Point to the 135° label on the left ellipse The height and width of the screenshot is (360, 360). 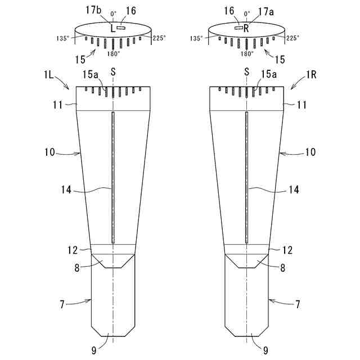point(64,39)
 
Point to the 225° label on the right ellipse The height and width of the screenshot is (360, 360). point(292,39)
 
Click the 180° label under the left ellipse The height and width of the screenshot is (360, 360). point(113,54)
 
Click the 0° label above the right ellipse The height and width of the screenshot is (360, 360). point(246,12)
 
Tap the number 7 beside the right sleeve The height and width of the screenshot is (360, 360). point(298,304)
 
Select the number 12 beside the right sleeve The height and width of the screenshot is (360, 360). point(287,249)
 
